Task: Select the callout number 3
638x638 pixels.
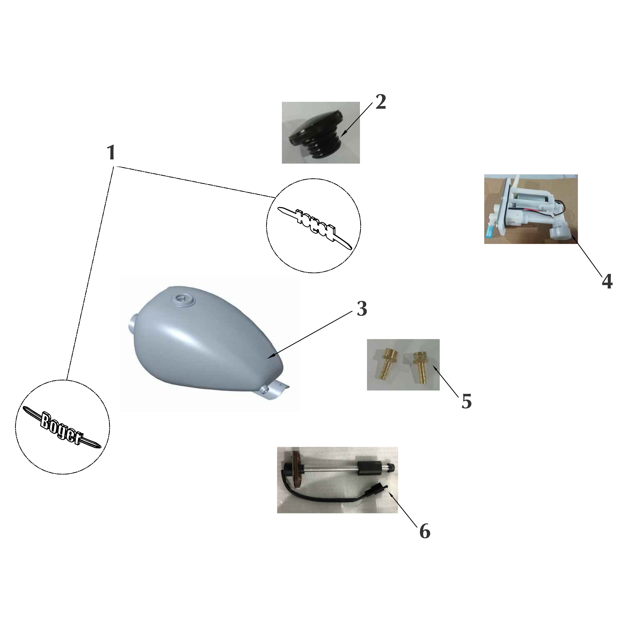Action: coord(362,309)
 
